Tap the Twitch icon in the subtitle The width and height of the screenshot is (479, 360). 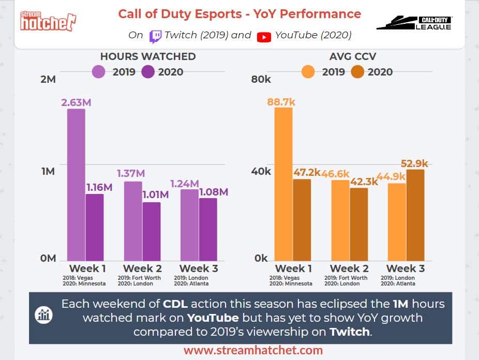155,36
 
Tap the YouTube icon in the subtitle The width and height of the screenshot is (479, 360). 264,36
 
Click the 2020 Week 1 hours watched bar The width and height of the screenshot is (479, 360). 95,227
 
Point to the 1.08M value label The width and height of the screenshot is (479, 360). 213,192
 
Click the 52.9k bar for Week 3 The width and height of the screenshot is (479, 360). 415,215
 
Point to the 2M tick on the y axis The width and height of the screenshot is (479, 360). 48,79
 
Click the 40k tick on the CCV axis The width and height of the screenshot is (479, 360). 261,171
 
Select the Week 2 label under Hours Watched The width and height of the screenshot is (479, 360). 142,268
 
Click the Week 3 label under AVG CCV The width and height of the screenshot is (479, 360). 406,268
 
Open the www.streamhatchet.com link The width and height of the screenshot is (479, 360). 253,350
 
